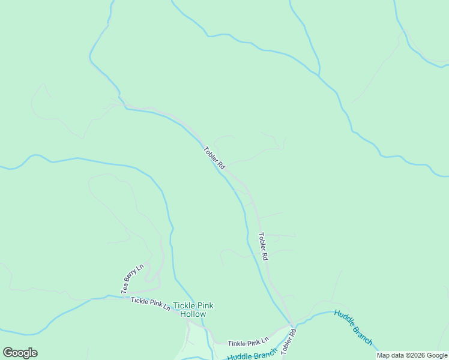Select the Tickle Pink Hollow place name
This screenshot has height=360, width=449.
tap(193, 310)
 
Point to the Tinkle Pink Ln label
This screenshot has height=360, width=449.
tap(248, 342)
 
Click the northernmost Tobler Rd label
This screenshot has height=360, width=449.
tap(214, 157)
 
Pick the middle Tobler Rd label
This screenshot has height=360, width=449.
tap(262, 246)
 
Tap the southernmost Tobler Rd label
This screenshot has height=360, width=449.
tap(289, 341)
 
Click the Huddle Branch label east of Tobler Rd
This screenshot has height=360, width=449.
tap(354, 328)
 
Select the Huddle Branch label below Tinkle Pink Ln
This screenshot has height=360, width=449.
tap(252, 355)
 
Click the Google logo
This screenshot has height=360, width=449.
tap(20, 353)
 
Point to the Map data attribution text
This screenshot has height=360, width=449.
tap(412, 356)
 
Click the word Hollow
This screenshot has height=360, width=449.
tap(193, 314)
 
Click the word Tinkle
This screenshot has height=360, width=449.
tap(238, 343)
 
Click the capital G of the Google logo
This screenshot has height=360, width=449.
tap(8, 353)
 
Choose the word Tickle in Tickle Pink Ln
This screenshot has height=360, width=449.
tap(139, 301)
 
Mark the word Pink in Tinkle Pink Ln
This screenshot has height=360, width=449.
tap(254, 342)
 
